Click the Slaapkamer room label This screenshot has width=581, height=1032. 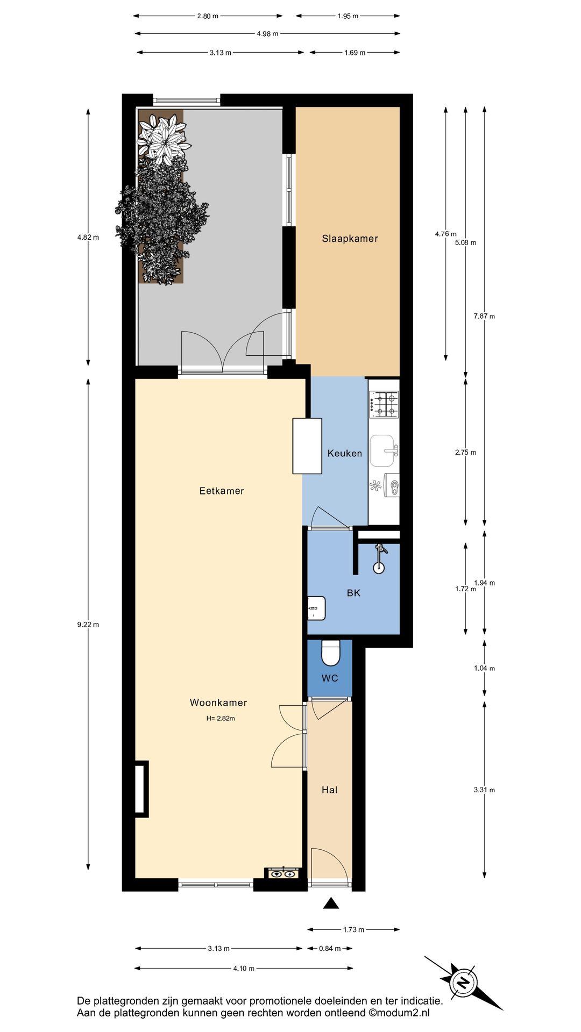tap(350, 239)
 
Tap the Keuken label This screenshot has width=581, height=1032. tap(344, 453)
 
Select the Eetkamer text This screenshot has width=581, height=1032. tap(222, 491)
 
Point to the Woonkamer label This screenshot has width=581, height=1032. tap(218, 703)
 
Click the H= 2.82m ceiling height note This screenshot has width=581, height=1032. tap(221, 718)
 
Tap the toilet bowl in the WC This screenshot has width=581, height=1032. tap(330, 653)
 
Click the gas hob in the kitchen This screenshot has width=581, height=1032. tap(384, 405)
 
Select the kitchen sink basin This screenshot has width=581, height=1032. tap(382, 450)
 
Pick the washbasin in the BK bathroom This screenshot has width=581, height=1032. tap(316, 608)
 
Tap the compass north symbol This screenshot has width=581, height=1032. tap(463, 983)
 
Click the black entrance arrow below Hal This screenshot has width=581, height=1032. tap(331, 904)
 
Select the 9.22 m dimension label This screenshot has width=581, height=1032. tap(88, 625)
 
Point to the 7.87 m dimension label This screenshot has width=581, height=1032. tap(484, 316)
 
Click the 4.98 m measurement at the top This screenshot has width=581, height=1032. tap(267, 34)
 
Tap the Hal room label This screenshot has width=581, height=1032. tap(330, 790)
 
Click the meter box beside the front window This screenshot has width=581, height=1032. tap(284, 873)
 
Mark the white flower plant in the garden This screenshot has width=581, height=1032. tap(164, 139)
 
